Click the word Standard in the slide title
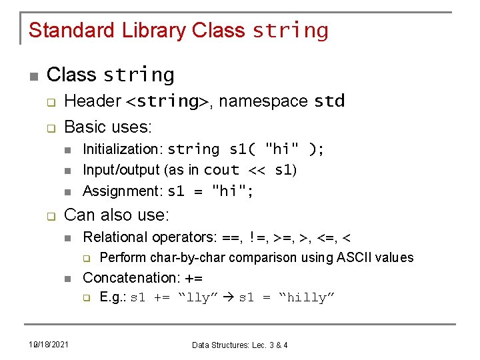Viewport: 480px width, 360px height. pos(73,31)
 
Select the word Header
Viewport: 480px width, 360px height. pos(93,101)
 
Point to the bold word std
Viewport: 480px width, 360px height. pos(329,101)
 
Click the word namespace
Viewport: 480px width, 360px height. pos(263,102)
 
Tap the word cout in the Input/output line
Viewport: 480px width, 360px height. pos(221,170)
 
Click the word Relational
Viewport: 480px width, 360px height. pos(115,237)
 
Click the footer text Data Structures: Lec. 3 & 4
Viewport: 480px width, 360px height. pos(240,345)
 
